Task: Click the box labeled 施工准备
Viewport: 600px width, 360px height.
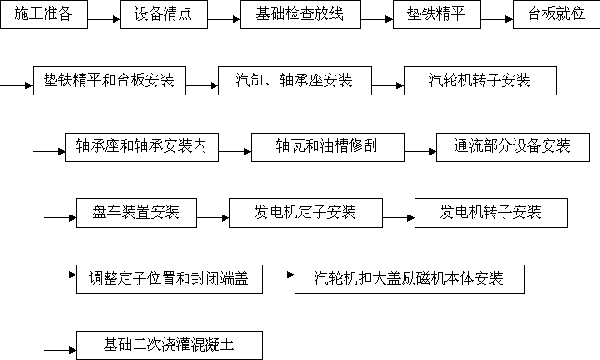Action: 48,15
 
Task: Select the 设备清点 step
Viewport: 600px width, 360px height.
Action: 164,15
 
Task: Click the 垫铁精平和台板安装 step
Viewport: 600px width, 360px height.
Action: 109,81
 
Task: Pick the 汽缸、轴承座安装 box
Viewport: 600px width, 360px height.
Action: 286,81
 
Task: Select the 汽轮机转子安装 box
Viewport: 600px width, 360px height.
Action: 480,81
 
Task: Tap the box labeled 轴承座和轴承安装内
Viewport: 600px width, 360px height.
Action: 143,146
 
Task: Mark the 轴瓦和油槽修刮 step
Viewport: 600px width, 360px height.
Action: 326,146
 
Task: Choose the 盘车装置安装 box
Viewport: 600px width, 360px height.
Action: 136,214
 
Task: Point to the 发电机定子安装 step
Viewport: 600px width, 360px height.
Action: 305,214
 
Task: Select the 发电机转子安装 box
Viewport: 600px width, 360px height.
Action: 491,214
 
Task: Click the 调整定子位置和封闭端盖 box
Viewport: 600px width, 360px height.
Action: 169,279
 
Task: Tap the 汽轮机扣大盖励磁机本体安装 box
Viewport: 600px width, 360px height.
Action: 409,279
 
